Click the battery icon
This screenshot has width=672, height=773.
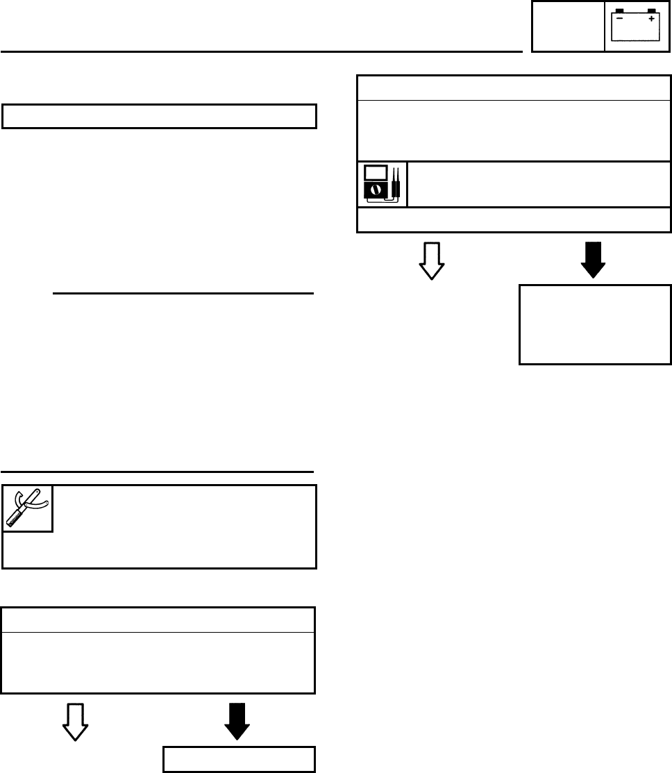pos(635,26)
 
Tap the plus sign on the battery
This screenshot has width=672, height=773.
pos(651,19)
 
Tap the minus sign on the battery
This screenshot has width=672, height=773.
pos(619,19)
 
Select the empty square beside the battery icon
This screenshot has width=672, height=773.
pos(568,27)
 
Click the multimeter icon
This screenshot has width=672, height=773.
pos(383,184)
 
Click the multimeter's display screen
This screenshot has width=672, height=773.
pos(376,172)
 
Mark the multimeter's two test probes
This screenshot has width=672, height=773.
pos(396,183)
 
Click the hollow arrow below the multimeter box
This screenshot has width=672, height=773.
pos(432,261)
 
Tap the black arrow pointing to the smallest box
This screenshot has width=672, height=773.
pos(237,722)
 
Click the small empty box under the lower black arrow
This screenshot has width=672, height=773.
pos(239,759)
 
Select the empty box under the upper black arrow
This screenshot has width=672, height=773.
pos(595,324)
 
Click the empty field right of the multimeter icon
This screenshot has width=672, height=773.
pos(539,184)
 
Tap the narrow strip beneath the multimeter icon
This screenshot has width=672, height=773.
pos(514,219)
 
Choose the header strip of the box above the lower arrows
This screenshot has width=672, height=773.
pos(158,620)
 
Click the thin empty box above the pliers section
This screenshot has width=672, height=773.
pos(160,116)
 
